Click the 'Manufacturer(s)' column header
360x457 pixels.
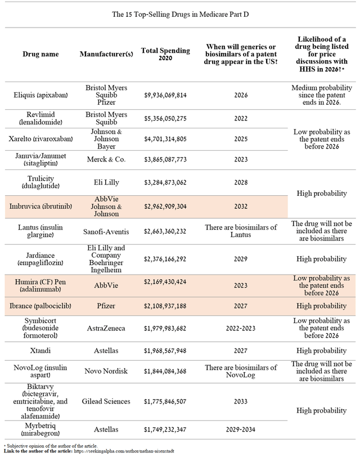click(106, 54)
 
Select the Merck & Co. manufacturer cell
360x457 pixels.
click(106, 159)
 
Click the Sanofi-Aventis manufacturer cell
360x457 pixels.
click(106, 231)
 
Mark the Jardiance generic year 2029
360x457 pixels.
click(241, 259)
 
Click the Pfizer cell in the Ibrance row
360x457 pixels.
click(106, 306)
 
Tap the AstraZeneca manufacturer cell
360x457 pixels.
click(106, 329)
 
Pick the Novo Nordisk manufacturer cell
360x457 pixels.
click(106, 372)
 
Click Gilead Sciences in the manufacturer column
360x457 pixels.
click(106, 401)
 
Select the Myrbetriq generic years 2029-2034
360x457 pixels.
click(241, 430)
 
